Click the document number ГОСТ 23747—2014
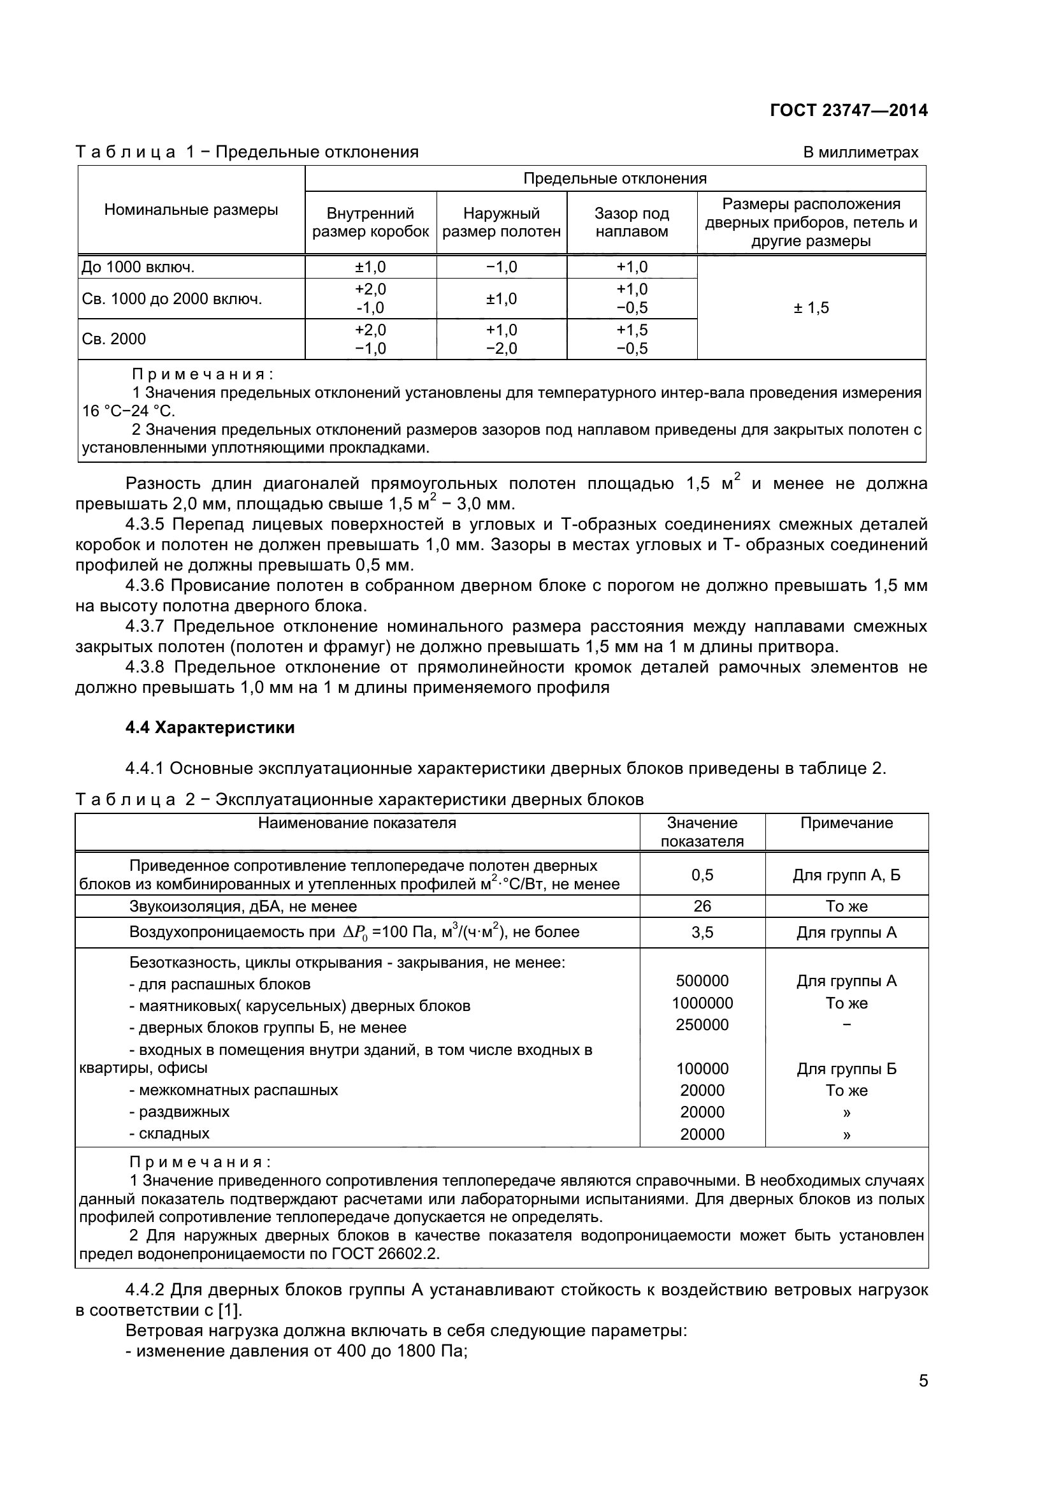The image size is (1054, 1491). [x=848, y=110]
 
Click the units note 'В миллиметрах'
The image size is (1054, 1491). [x=860, y=152]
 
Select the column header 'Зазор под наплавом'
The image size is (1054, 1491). [x=632, y=222]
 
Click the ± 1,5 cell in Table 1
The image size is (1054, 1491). [x=811, y=308]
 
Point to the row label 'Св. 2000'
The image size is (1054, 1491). [x=114, y=339]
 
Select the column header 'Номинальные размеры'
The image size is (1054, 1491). [x=191, y=210]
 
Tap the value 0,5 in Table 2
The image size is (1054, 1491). [x=702, y=875]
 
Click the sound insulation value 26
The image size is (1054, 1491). [x=702, y=906]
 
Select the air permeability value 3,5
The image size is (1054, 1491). [x=702, y=933]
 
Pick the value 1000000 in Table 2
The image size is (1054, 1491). [x=702, y=1003]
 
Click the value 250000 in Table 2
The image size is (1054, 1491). [x=702, y=1025]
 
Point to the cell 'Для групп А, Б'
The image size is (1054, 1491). [x=846, y=875]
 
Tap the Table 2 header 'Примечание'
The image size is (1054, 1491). [x=846, y=824]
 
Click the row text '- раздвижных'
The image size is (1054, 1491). [x=180, y=1112]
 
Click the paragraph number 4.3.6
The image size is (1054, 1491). [x=147, y=586]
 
